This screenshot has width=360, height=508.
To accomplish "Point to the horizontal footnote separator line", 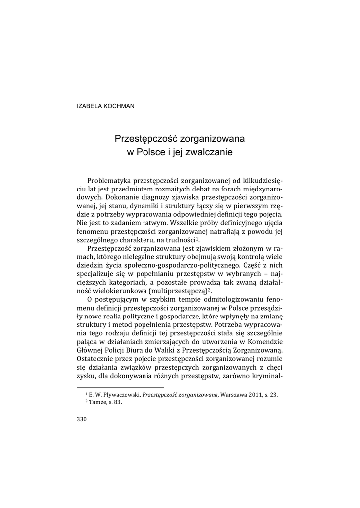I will [x=121, y=387].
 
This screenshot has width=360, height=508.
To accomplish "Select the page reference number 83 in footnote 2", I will [x=118, y=402].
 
